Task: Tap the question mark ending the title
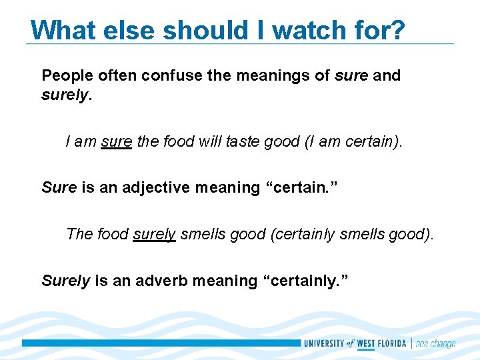[x=398, y=30]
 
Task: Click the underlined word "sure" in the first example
[x=117, y=141]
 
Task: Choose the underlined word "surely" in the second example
[x=154, y=234]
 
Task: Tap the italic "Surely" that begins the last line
[x=65, y=281]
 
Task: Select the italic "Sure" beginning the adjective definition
[x=59, y=187]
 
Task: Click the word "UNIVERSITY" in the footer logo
[x=324, y=344]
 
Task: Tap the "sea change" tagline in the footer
[x=435, y=344]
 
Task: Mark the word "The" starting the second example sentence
[x=79, y=234]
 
